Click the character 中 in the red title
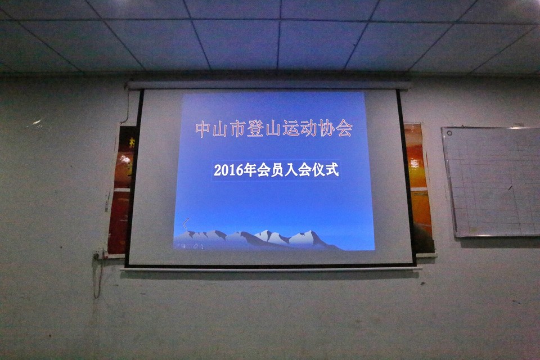coord(202,129)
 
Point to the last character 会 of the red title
coord(344,129)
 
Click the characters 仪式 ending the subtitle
coord(325,170)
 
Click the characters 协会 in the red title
coord(335,129)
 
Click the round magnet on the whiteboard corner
coord(449,133)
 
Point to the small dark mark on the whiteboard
coord(510,187)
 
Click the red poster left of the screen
coord(121,191)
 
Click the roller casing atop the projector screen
coord(268,85)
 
